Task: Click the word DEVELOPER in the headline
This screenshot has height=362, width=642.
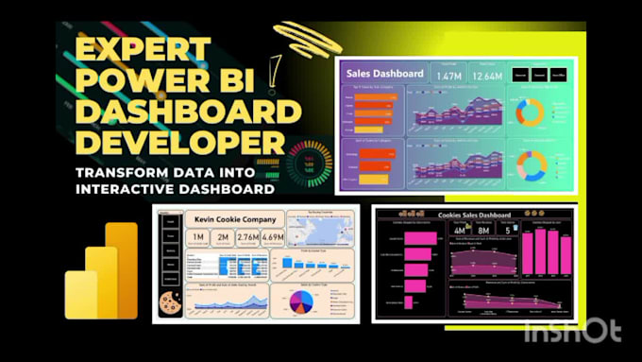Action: tap(179, 145)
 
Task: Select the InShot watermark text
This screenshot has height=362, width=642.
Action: tap(573, 330)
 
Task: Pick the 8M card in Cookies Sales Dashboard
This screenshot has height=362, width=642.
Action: tap(484, 230)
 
